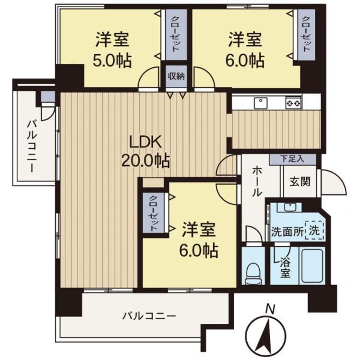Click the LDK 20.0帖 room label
(x=144, y=151)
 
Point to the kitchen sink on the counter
(x=261, y=102)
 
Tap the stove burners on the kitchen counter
(x=293, y=102)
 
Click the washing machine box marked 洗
(x=313, y=230)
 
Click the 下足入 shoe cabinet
(x=292, y=159)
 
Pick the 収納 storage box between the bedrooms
(x=174, y=75)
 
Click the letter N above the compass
(x=271, y=309)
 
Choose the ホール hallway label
(x=257, y=181)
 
